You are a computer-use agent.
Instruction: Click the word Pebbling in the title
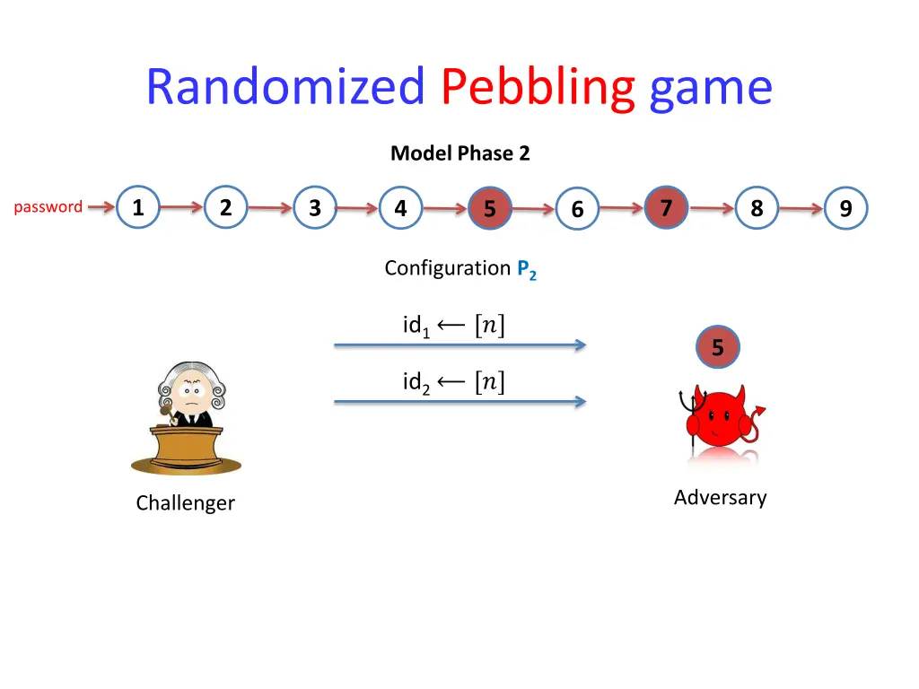[x=538, y=88]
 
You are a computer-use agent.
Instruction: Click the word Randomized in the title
[x=284, y=88]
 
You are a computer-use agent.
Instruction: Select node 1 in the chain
[x=137, y=207]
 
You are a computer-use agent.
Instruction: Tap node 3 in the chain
[x=314, y=208]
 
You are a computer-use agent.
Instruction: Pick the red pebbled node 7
[x=666, y=207]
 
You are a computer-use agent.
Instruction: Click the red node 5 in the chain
[x=489, y=209]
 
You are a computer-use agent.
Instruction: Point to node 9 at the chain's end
[x=845, y=209]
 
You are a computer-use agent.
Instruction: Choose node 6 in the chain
[x=577, y=210]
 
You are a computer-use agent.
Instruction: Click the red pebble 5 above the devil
[x=717, y=347]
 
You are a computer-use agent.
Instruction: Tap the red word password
[x=48, y=207]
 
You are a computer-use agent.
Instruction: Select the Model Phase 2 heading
[x=459, y=153]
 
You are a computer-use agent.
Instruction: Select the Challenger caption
[x=185, y=503]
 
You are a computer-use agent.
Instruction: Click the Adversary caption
[x=720, y=498]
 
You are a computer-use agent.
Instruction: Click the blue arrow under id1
[x=459, y=344]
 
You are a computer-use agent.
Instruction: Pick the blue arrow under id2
[x=459, y=402]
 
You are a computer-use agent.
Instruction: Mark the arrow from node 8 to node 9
[x=801, y=209]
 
